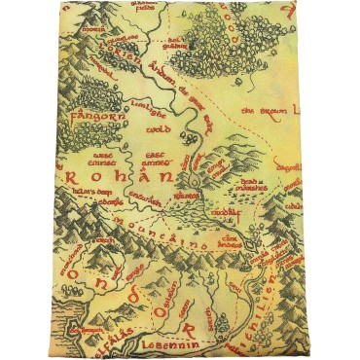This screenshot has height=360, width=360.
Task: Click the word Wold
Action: [x=158, y=126]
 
